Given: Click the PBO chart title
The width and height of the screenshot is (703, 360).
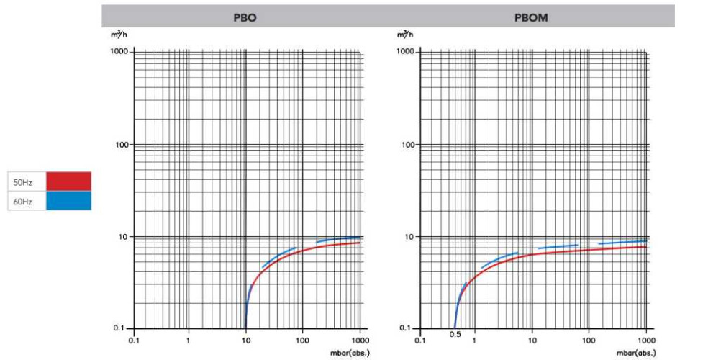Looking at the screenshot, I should point(245,18).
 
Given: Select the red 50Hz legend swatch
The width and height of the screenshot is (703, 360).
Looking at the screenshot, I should point(68,181).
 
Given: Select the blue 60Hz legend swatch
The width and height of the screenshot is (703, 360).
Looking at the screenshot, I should point(68,201).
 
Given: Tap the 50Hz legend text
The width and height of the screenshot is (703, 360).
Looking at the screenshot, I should point(23,182).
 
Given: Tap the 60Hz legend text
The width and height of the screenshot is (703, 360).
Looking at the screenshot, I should point(23,202).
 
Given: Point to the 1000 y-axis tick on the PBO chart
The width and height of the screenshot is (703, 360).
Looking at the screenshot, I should point(118,52).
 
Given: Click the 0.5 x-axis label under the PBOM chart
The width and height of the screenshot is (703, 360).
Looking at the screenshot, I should point(455,336).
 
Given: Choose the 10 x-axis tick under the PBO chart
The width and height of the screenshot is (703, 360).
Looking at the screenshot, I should point(246,339).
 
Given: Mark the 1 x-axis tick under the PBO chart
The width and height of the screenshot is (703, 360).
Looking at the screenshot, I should point(189,339).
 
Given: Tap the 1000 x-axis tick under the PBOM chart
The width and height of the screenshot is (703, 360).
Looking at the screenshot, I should point(645,339).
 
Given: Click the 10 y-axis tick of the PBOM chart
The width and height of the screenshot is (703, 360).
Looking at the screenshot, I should point(409,237).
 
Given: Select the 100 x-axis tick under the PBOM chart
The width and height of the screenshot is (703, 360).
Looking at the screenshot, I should point(589,339).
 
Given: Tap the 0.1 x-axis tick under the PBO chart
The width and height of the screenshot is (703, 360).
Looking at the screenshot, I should point(133,339).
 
